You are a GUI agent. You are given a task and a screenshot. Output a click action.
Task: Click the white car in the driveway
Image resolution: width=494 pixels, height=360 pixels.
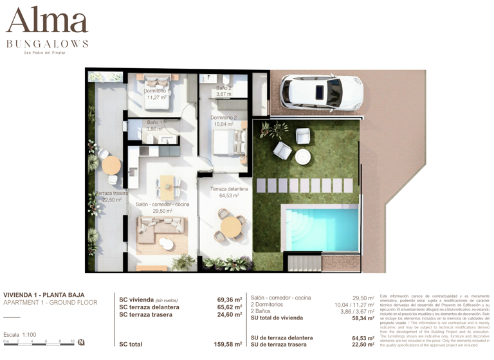tap(322, 93)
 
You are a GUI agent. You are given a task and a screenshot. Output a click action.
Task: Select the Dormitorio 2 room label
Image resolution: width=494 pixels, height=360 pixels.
tap(223, 121)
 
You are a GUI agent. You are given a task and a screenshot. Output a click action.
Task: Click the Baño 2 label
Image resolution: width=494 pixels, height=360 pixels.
tap(223, 91)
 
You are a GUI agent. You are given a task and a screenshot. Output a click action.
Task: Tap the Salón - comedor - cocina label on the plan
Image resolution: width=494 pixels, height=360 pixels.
tap(162, 207)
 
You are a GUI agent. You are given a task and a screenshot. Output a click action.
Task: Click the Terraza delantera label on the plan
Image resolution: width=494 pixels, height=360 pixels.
tap(229, 192)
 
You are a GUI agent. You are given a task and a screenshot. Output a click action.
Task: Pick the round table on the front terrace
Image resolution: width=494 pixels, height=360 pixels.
tap(230, 226)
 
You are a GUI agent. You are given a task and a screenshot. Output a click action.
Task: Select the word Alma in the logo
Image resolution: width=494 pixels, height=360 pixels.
tap(46, 22)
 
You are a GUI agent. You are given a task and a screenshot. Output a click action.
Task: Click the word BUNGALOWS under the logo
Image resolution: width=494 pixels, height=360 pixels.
tap(47, 44)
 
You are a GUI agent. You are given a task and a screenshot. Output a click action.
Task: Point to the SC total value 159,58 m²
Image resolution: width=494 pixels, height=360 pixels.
tap(228, 345)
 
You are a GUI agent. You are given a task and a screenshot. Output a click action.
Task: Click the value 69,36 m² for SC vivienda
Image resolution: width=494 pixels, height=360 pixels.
tap(229, 300)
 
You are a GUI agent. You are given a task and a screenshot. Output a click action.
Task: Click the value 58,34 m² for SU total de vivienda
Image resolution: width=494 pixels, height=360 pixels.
tap(363, 318)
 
